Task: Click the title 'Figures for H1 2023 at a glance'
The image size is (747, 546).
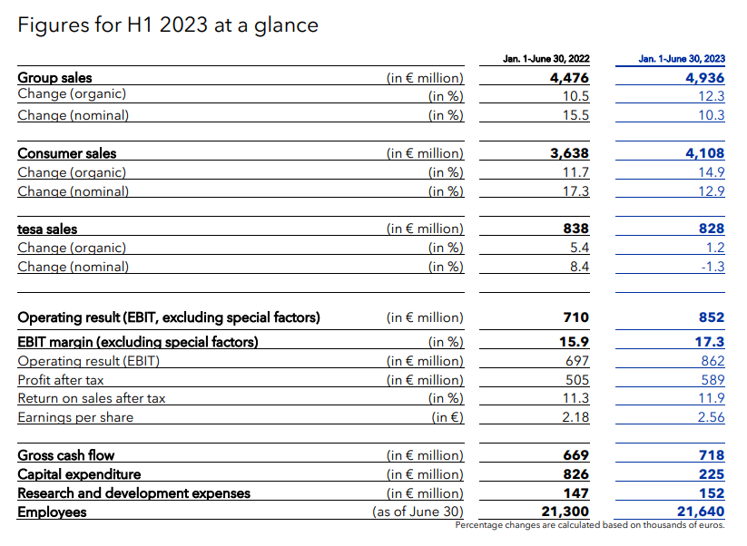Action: [x=169, y=24]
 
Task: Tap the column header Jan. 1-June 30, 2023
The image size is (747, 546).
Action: [x=682, y=59]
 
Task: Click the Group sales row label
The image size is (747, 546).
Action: [x=55, y=78]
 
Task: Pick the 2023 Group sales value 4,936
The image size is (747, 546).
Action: [x=705, y=78]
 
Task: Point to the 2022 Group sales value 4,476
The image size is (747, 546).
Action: [x=569, y=78]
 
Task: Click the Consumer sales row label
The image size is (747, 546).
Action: [x=67, y=153]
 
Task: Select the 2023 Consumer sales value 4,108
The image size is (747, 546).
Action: [x=705, y=153]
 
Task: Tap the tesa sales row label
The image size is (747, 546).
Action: [x=47, y=229]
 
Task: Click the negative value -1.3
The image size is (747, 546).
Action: [x=713, y=267]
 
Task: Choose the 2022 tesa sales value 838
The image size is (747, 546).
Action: [x=576, y=229]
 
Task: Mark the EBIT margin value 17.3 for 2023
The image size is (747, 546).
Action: [x=711, y=342]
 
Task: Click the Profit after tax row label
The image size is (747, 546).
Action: [x=61, y=380]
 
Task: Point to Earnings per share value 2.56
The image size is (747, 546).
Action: [x=711, y=417]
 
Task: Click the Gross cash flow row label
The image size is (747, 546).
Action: [x=66, y=455]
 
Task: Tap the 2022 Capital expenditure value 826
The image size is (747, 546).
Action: [x=576, y=474]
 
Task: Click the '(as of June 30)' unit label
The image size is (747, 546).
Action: [x=418, y=512]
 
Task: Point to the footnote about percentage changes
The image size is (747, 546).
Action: [x=590, y=525]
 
